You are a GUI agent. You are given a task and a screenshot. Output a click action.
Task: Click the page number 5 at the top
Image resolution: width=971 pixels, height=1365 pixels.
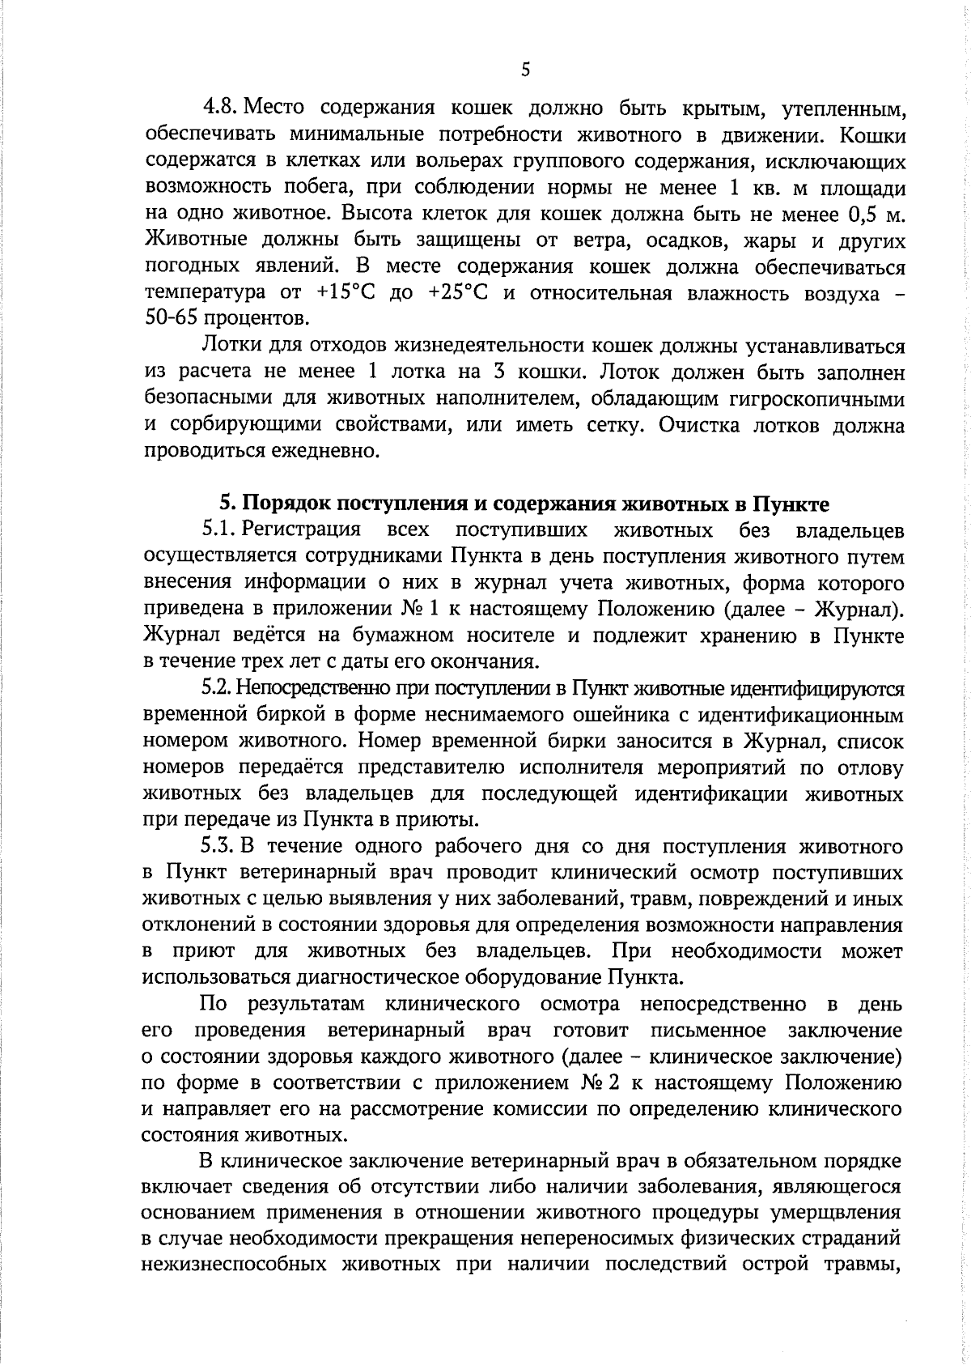(x=525, y=70)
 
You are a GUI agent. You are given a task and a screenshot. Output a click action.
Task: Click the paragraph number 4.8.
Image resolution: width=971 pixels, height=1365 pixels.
(x=219, y=108)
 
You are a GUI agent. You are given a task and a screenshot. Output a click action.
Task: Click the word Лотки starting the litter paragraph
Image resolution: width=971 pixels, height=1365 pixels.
(x=227, y=347)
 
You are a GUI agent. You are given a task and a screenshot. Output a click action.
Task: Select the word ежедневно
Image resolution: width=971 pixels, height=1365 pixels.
(x=330, y=451)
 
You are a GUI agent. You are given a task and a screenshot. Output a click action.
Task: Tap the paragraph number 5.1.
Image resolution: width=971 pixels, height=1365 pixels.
(x=218, y=531)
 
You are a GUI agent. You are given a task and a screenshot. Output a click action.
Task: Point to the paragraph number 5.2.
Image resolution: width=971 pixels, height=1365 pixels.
(x=217, y=689)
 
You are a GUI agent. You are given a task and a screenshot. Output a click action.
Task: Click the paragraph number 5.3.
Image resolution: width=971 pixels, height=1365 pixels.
(x=218, y=847)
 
